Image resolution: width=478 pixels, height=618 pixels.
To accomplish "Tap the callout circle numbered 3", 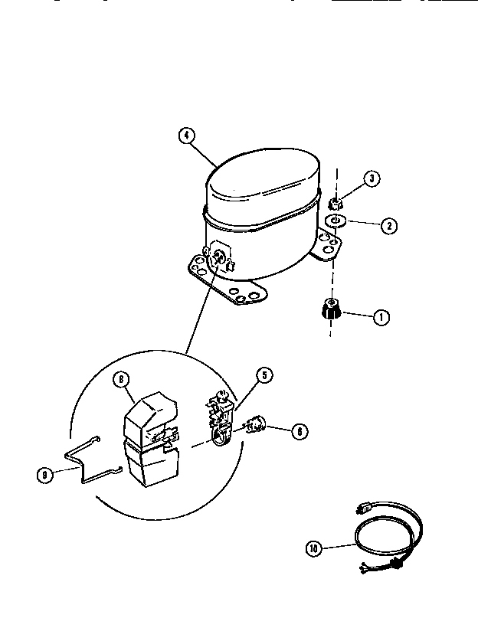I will click(371, 179).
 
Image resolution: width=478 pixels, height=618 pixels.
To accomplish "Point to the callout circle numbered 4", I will click(185, 136).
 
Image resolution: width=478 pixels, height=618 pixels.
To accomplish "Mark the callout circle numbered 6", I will click(300, 431).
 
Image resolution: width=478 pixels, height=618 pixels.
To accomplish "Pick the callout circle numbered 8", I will click(120, 378).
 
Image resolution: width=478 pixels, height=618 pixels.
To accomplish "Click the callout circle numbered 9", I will click(45, 474).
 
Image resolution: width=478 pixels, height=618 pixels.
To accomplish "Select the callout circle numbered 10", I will click(313, 548).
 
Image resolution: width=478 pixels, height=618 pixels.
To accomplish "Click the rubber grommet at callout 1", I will click(332, 310).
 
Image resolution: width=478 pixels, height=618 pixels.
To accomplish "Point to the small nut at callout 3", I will click(335, 204).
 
